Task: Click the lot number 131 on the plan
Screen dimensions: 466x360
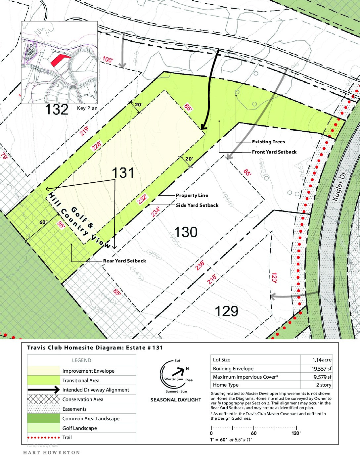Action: pyautogui.click(x=123, y=173)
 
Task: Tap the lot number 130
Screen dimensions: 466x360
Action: pyautogui.click(x=186, y=232)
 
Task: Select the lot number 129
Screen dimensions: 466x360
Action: pyautogui.click(x=226, y=311)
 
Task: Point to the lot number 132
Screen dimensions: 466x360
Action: pyautogui.click(x=57, y=110)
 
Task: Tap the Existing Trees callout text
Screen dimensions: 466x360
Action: pyautogui.click(x=268, y=142)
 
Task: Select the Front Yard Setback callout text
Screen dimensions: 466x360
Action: pyautogui.click(x=274, y=152)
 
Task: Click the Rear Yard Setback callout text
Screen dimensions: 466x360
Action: pyautogui.click(x=124, y=261)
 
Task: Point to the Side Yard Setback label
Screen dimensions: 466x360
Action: pyautogui.click(x=197, y=205)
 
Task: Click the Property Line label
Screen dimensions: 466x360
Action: pyautogui.click(x=192, y=195)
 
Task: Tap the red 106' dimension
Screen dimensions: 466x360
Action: pyautogui.click(x=108, y=60)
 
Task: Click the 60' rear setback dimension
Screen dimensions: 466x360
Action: pyautogui.click(x=43, y=222)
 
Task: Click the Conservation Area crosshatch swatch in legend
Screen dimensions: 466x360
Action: pyautogui.click(x=44, y=399)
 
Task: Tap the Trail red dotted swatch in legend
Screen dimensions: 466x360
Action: pyautogui.click(x=44, y=438)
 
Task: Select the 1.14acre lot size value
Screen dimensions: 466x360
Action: pyautogui.click(x=322, y=360)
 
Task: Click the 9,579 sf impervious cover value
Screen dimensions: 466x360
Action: pyautogui.click(x=322, y=377)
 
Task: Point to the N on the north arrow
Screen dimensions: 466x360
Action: pyautogui.click(x=187, y=368)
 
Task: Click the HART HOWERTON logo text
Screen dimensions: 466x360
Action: pyautogui.click(x=52, y=452)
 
